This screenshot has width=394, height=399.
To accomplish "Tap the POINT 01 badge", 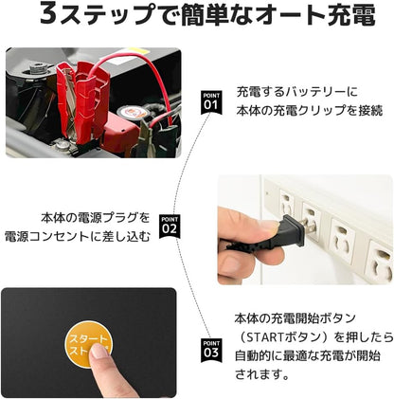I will pyautogui.click(x=209, y=100).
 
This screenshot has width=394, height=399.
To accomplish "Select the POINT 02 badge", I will pyautogui.click(x=170, y=226).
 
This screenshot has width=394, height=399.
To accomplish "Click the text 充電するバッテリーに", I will pyautogui.click(x=296, y=90).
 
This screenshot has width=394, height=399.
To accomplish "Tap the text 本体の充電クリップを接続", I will pyautogui.click(x=310, y=111).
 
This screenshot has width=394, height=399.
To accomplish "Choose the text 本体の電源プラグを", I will pyautogui.click(x=95, y=216).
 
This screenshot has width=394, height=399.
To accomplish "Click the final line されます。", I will pyautogui.click(x=260, y=374).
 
